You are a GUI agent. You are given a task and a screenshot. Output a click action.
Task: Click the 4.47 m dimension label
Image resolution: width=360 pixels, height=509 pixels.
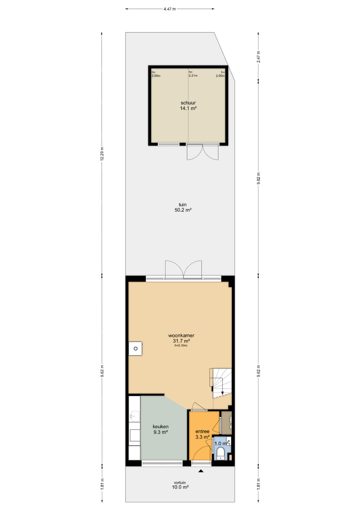170,9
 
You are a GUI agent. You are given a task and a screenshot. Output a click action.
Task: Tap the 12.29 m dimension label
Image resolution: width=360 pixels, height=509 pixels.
102,154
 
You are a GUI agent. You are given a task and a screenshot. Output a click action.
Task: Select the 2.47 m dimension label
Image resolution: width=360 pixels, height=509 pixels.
259,57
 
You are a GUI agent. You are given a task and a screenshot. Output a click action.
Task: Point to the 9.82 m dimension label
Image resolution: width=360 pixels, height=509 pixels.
259,179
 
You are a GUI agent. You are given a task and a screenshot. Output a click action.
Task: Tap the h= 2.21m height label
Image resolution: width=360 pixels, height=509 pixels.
193,74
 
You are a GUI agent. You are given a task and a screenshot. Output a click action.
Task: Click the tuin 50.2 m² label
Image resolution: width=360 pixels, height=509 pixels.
183,207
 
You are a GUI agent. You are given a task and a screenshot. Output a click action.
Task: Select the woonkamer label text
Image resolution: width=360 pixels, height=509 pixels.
181,335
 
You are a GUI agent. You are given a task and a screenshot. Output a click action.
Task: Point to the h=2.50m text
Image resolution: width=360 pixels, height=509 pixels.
181,345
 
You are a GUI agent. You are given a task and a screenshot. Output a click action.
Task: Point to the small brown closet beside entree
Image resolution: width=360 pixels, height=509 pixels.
226,423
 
